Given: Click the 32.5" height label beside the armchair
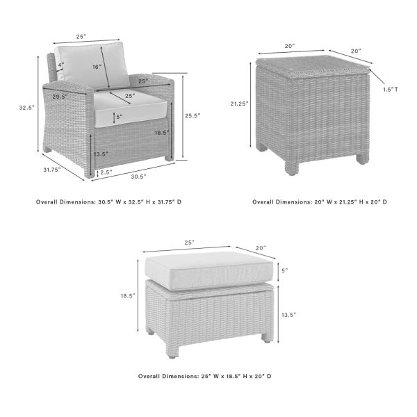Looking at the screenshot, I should [x=26, y=108].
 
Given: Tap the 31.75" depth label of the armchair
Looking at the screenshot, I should [x=51, y=170].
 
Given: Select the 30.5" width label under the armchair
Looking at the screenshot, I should [x=138, y=177].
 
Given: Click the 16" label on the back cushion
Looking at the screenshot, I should [x=97, y=67].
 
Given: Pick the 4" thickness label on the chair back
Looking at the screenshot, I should [x=61, y=65].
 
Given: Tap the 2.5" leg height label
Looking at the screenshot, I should [x=106, y=172].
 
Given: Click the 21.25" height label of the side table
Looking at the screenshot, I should [x=238, y=104].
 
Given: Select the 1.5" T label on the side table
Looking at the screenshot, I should [x=391, y=89].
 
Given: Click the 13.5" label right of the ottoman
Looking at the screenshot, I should [x=288, y=315].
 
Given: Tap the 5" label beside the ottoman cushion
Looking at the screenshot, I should [x=284, y=270].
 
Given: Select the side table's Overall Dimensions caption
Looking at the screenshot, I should [x=319, y=202].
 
